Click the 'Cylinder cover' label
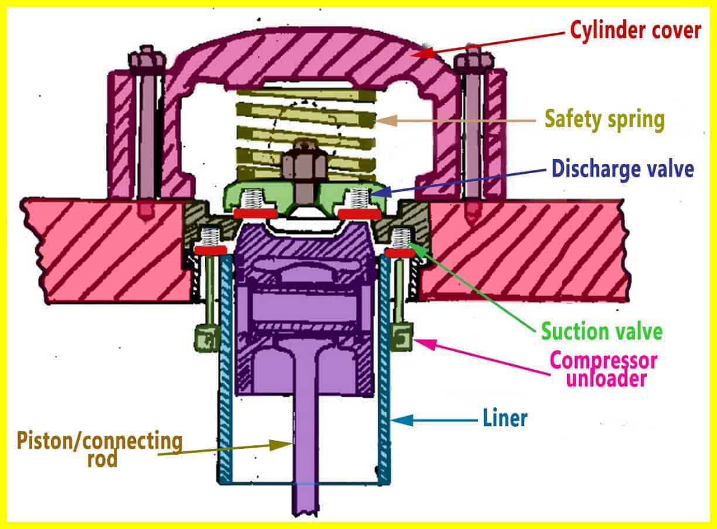635,30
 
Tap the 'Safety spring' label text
605,119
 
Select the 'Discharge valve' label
622,169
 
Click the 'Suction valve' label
602,331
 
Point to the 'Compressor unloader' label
603,369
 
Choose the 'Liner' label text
505,418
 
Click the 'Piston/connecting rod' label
100,448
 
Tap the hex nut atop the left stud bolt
143,59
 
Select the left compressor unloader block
204,336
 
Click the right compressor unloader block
402,336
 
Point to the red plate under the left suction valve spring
210,250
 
